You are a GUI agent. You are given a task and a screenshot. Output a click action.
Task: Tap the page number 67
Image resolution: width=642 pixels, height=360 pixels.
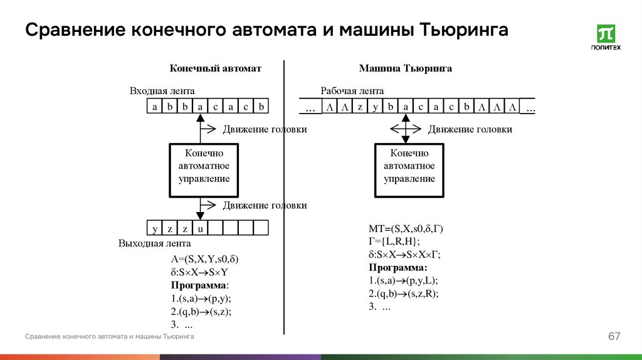pyautogui.click(x=614, y=337)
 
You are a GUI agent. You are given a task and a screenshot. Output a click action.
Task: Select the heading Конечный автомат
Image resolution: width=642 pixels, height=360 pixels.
pyautogui.click(x=215, y=68)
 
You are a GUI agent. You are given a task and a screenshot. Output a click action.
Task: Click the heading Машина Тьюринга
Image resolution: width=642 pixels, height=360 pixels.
pyautogui.click(x=405, y=68)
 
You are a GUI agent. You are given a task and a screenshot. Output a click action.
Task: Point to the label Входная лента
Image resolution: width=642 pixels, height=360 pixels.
pyautogui.click(x=162, y=91)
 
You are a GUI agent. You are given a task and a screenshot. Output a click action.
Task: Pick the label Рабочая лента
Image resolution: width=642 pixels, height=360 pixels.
pyautogui.click(x=352, y=91)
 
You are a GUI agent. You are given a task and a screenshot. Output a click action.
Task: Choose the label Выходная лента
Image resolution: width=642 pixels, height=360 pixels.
pyautogui.click(x=155, y=243)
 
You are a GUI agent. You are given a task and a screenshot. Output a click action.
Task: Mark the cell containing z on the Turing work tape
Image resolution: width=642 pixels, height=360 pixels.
pyautogui.click(x=360, y=107)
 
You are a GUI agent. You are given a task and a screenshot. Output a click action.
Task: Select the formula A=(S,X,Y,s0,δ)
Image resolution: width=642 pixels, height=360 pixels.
pyautogui.click(x=204, y=259)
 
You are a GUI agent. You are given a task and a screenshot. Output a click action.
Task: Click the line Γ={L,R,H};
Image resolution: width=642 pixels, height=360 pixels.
pyautogui.click(x=394, y=241)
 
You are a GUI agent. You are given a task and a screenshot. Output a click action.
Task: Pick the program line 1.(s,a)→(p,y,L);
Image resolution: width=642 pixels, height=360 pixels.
pyautogui.click(x=403, y=280)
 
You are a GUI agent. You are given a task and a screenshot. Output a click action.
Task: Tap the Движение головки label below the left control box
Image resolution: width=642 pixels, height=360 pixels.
pyautogui.click(x=265, y=205)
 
